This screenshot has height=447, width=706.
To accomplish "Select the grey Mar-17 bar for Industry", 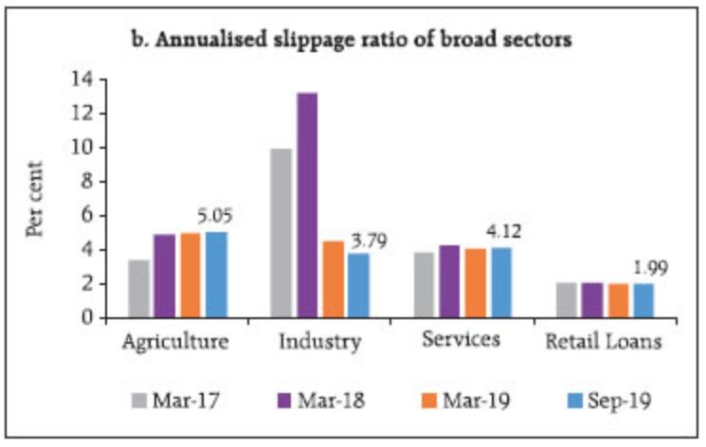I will click(281, 232).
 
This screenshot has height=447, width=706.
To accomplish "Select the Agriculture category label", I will click(176, 342).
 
